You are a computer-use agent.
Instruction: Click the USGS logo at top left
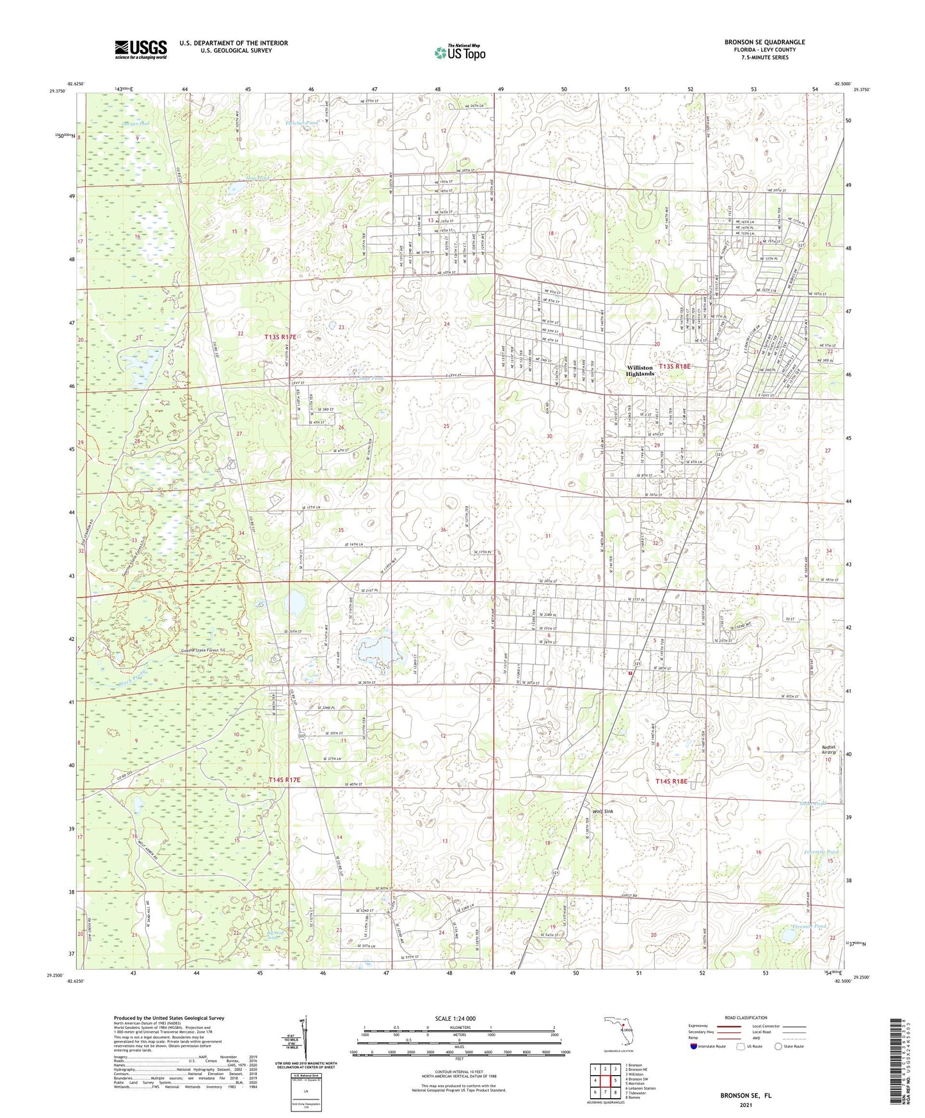[141, 49]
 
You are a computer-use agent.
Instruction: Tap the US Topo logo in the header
[460, 53]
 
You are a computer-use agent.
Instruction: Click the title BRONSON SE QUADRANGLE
[764, 42]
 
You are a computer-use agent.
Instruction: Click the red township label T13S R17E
[280, 336]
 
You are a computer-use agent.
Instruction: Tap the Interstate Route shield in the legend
[694, 1046]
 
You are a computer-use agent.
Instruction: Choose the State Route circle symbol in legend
[778, 1046]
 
